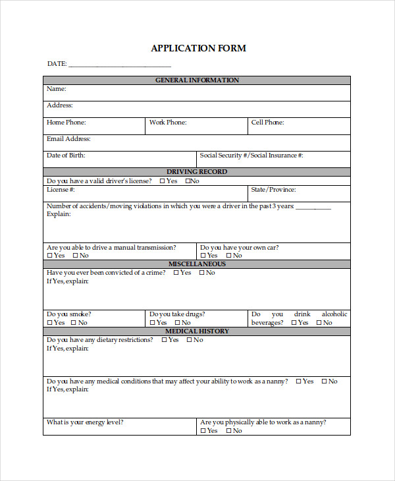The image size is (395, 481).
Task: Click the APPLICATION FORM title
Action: (198, 48)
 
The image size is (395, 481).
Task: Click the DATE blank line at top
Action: (119, 65)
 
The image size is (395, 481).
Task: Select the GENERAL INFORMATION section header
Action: (197, 80)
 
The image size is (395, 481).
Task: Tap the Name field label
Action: (57, 88)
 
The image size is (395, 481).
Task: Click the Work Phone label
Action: (168, 122)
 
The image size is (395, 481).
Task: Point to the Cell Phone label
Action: (267, 122)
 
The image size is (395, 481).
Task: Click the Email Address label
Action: (68, 139)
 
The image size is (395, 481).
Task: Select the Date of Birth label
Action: (66, 156)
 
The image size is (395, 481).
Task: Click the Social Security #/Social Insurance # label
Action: (251, 156)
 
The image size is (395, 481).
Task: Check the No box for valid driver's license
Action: (188, 181)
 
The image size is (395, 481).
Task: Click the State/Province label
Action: (273, 189)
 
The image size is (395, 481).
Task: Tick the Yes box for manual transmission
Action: (49, 256)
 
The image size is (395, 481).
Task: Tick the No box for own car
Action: (228, 256)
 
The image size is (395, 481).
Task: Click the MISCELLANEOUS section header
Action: (197, 264)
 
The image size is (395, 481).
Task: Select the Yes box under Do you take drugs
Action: (153, 323)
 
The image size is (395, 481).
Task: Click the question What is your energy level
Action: (85, 422)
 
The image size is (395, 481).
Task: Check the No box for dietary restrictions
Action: (190, 340)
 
